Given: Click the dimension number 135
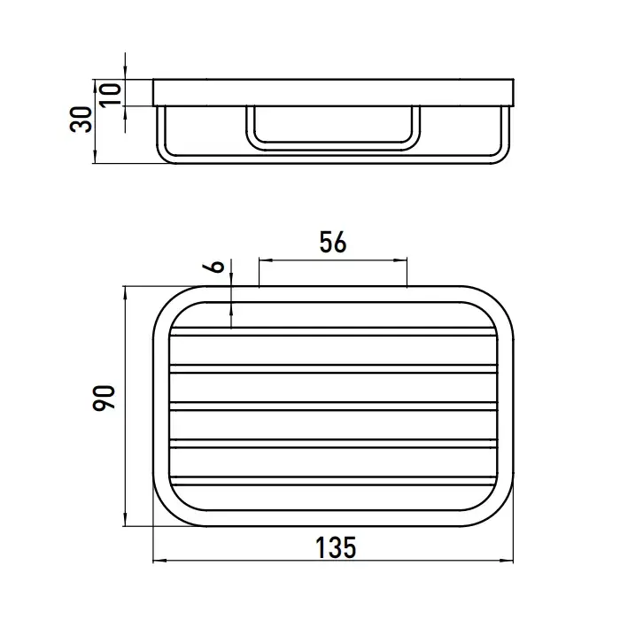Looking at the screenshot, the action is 336,547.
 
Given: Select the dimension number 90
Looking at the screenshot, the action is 104,398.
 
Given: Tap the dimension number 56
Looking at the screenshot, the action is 333,242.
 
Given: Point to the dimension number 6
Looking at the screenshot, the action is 213,267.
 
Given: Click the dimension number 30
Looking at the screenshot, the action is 81,119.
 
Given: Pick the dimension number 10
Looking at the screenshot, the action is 111,95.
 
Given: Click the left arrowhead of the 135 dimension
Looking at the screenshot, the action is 159,561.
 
